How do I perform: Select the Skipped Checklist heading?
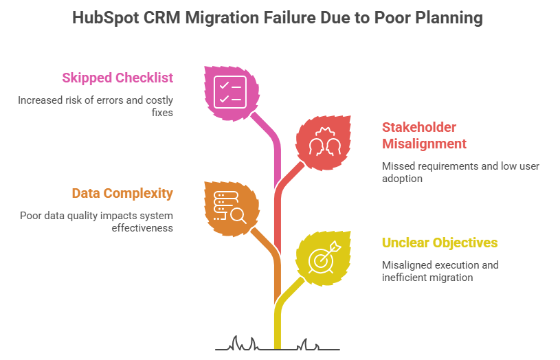117,78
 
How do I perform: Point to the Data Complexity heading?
122,193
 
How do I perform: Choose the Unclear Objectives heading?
440,243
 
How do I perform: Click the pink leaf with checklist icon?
231,91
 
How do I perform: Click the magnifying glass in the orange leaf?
238,215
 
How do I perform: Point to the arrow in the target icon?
333,247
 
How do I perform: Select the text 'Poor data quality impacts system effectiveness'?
96,221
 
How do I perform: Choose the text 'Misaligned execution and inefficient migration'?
440,271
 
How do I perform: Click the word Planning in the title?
449,18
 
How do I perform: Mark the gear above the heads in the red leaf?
323,132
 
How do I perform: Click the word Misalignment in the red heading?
424,144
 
